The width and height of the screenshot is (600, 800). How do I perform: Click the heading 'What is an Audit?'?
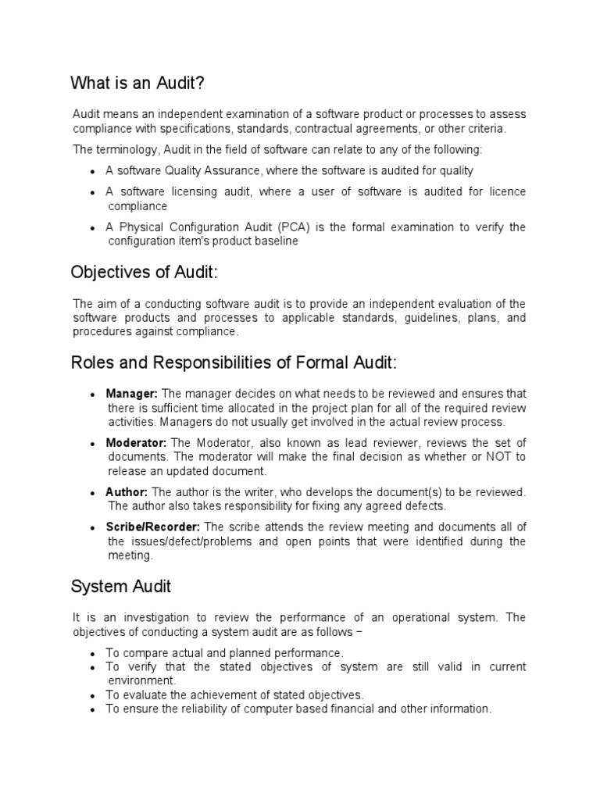click(x=141, y=83)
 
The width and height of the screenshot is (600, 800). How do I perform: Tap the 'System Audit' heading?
click(x=120, y=586)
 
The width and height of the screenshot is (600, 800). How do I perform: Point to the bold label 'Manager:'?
click(x=132, y=393)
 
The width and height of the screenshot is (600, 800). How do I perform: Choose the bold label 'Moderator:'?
click(x=136, y=442)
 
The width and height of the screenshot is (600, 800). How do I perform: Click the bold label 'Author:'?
click(x=127, y=491)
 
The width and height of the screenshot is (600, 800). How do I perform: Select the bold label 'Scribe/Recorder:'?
click(x=153, y=527)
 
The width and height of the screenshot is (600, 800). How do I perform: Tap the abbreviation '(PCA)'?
click(x=291, y=227)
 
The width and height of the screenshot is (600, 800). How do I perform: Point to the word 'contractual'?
click(x=312, y=128)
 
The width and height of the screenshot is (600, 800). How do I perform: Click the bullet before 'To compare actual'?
click(x=93, y=653)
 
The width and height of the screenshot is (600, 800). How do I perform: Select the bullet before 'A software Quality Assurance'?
click(x=93, y=171)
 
